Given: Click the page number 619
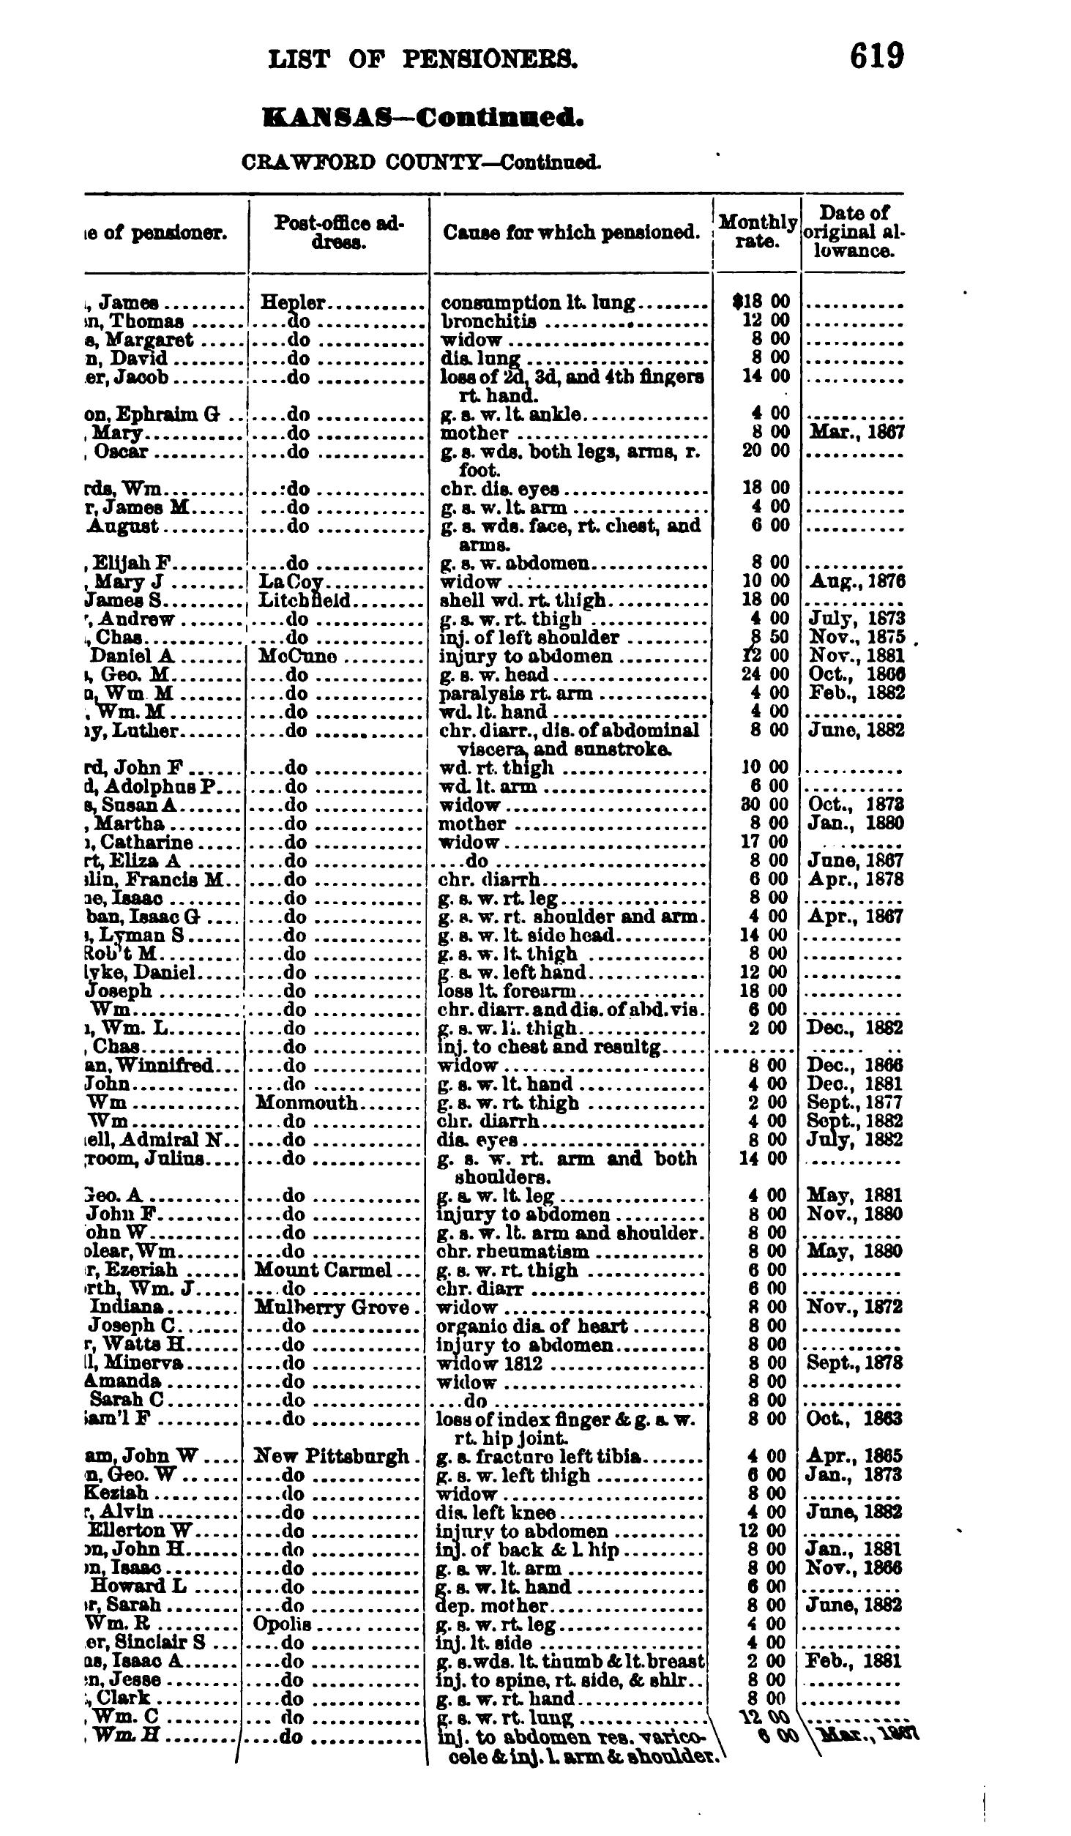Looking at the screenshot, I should pos(876,56).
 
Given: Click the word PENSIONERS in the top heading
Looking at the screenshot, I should pos(490,59).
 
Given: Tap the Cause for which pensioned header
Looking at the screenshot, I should pos(570,233).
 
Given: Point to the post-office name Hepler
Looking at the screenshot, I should pos(293,302).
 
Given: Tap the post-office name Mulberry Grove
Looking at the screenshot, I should pos(331,1307).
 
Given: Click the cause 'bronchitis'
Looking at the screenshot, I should pos(488,321).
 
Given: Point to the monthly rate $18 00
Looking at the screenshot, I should pos(761,302).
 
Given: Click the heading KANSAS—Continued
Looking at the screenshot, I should pos(422,117).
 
